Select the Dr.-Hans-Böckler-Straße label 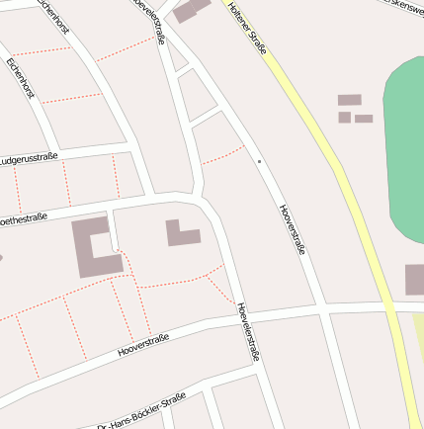coord(141,411)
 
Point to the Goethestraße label coord(22,218)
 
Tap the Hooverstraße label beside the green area coord(294,229)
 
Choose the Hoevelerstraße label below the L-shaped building coord(247,331)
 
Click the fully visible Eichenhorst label coord(20,77)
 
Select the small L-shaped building coord(181,233)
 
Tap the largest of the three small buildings coord(349,100)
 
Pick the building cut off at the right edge coord(414,280)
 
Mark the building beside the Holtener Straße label coord(193,9)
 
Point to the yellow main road coord(336,168)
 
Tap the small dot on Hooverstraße coord(259,161)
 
